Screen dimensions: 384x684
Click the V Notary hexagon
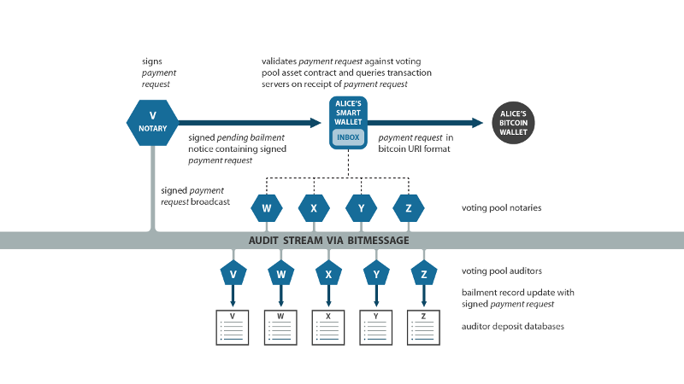(152, 122)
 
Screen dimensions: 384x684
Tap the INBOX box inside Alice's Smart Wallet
(348, 137)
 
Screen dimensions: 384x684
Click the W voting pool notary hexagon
(266, 207)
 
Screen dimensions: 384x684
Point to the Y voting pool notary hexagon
(361, 207)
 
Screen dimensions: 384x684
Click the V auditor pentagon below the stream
(233, 274)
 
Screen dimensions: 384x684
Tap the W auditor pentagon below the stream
(280, 274)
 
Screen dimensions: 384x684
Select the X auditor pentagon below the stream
(328, 274)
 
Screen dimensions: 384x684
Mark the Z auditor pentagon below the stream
(423, 274)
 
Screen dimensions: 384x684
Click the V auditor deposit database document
(233, 327)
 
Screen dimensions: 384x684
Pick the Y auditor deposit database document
(375, 327)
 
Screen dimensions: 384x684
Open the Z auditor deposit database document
(423, 327)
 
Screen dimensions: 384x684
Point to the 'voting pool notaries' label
(501, 207)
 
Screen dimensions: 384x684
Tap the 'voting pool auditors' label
(501, 271)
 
